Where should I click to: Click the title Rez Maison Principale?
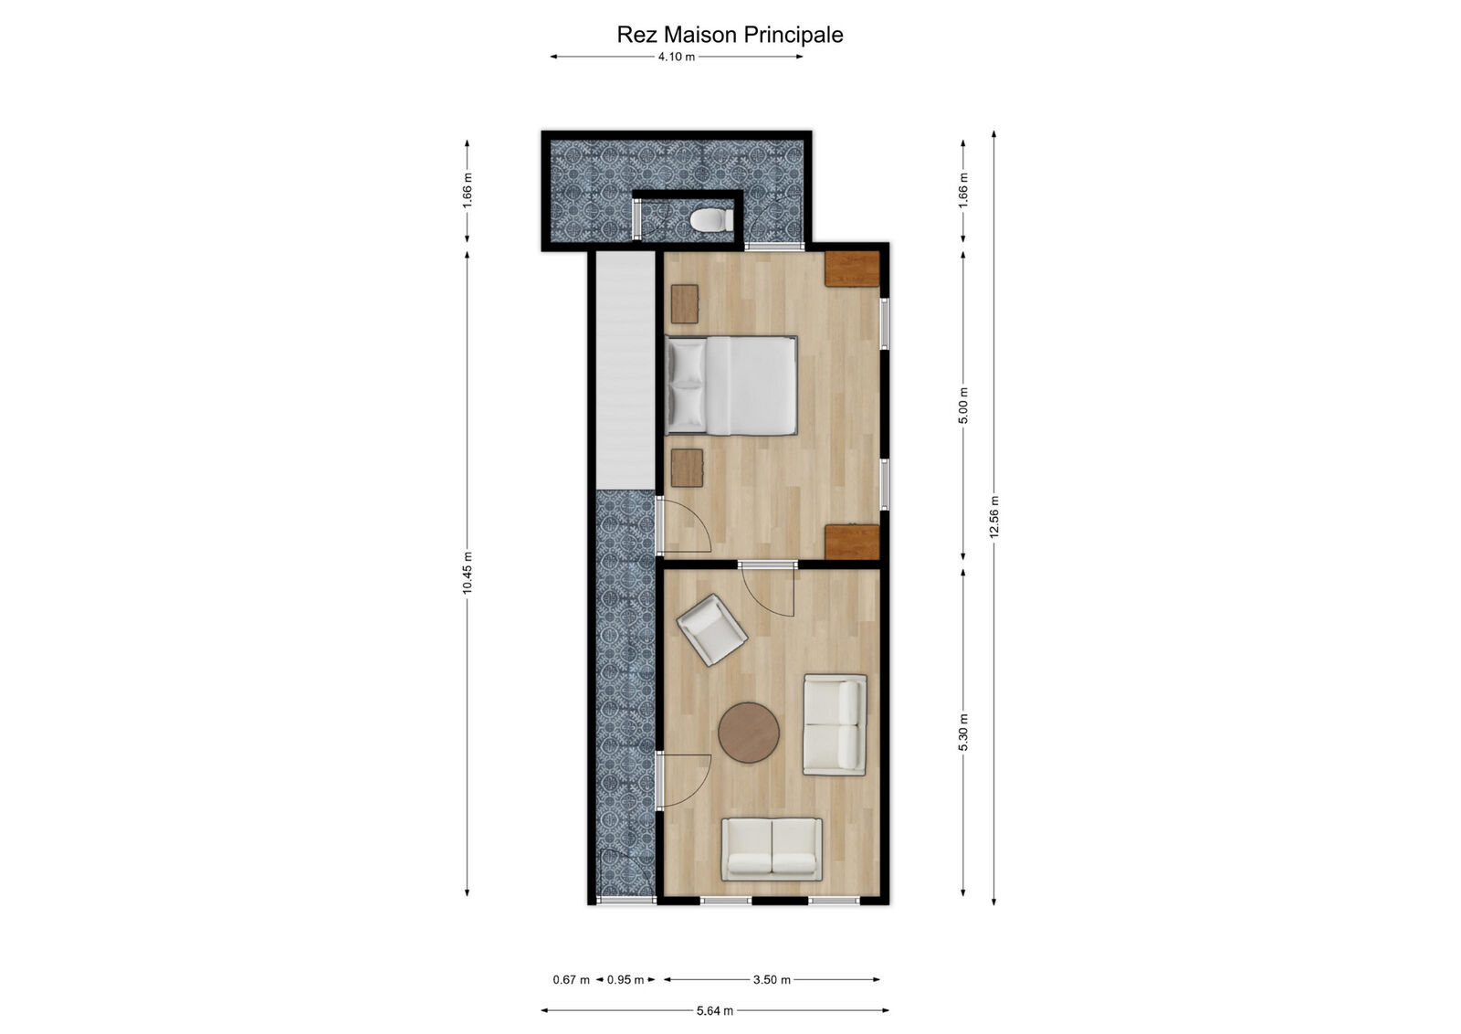pos(730,35)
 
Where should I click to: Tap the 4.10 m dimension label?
pos(676,57)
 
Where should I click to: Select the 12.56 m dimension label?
pos(994,517)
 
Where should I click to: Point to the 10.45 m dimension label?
pos(468,573)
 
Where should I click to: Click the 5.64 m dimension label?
pos(714,1010)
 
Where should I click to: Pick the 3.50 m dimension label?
pos(772,979)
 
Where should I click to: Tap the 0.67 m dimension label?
pos(571,979)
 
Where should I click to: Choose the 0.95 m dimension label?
pos(625,979)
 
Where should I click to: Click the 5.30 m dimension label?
pos(963,732)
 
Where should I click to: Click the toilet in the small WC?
pos(710,220)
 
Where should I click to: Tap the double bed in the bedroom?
pos(731,385)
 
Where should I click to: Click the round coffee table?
pos(749,732)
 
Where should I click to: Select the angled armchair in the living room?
pos(711,629)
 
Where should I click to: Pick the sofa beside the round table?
pos(835,724)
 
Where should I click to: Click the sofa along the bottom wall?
pos(772,849)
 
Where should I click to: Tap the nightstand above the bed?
pos(685,303)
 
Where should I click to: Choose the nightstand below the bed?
pos(687,468)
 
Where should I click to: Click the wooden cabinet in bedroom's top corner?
pos(852,269)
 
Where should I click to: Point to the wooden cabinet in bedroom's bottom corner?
pos(852,541)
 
